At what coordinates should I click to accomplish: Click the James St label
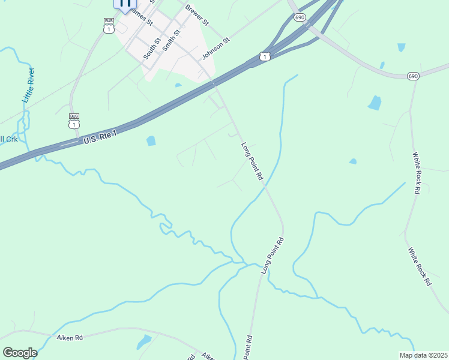click(142, 16)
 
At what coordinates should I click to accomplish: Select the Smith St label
click(171, 44)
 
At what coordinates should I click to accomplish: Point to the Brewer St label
click(197, 16)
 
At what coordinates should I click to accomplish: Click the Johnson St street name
click(216, 49)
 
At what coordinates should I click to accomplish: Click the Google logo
click(20, 352)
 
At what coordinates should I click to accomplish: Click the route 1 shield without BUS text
click(265, 56)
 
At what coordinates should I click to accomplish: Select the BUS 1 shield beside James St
click(109, 25)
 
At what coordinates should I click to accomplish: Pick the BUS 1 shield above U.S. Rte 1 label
click(74, 121)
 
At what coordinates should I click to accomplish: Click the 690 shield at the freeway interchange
click(300, 18)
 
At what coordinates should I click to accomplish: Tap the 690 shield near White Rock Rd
click(412, 76)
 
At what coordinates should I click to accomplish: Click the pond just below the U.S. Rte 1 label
click(151, 141)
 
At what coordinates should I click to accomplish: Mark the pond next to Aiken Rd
click(144, 342)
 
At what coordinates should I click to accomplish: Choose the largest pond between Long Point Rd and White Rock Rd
click(375, 103)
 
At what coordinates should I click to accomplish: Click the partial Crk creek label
click(8, 139)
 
